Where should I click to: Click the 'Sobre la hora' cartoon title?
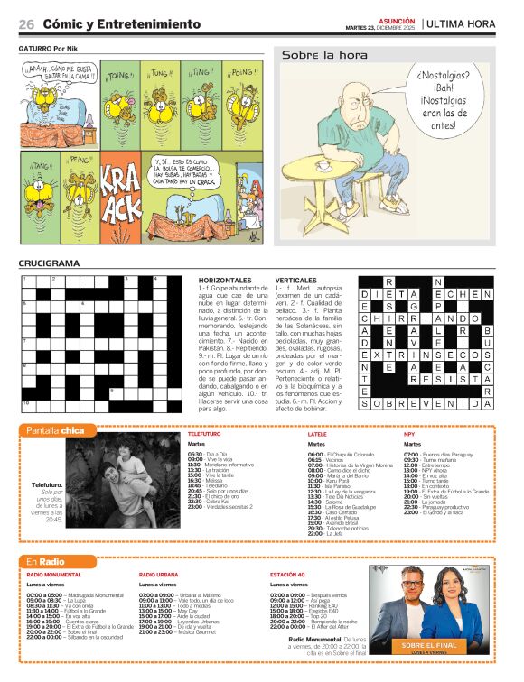pyautogui.click(x=324, y=55)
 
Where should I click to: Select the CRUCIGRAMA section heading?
pyautogui.click(x=49, y=263)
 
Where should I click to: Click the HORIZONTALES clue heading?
pyautogui.click(x=225, y=281)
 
